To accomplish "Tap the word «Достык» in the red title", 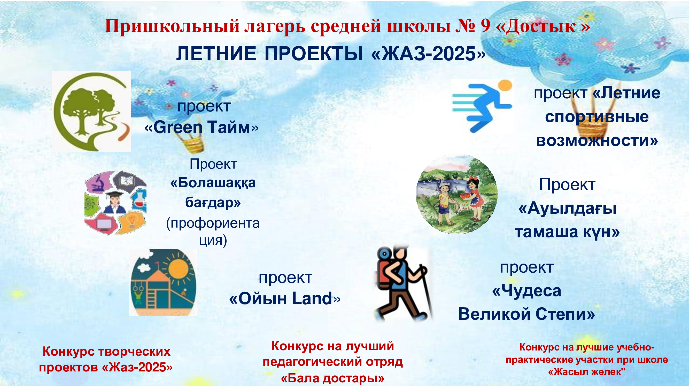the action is pos(543,26).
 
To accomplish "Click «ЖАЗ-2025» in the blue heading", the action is pos(428,54).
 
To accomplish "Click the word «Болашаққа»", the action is pos(213,183).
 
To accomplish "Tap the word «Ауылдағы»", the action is pos(567,208).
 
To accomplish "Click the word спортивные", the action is pos(597,117).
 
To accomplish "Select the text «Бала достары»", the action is pos(332,378).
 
